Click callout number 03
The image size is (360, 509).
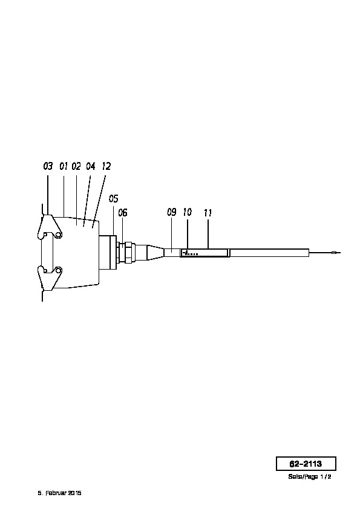[x=48, y=166]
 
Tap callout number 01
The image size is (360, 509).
[x=64, y=166]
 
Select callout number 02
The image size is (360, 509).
[x=76, y=166]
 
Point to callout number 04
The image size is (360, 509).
[x=91, y=166]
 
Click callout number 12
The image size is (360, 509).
[x=106, y=166]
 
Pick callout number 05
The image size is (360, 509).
[x=113, y=198]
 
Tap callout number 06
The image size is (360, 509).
[x=122, y=213]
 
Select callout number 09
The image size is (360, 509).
[x=172, y=212]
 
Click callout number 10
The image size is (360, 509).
[x=187, y=212]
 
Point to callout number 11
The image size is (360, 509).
[x=208, y=213]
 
